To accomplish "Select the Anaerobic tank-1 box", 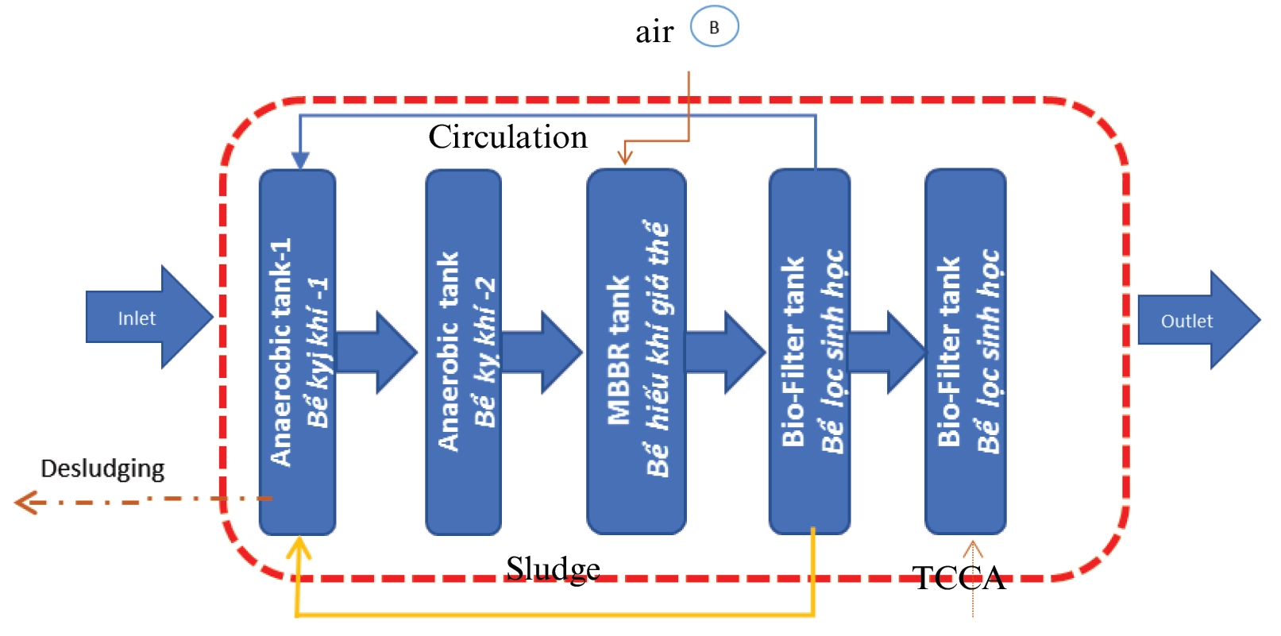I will coord(298,352).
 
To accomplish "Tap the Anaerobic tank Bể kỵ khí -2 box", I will coord(464,352).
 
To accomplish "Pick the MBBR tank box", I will coord(636,352).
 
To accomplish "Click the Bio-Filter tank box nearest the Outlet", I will coord(966,352).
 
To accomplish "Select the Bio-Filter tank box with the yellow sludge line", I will coord(809,352).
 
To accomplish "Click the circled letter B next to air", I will coord(714,27).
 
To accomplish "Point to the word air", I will coord(654,32).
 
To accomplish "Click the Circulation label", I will coord(508,137).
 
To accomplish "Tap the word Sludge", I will coord(553,569).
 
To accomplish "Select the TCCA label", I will coord(959,578).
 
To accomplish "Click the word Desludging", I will coord(102,468).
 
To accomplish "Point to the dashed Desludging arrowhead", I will coord(24,502).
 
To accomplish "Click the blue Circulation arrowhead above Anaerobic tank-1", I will coord(299,161).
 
